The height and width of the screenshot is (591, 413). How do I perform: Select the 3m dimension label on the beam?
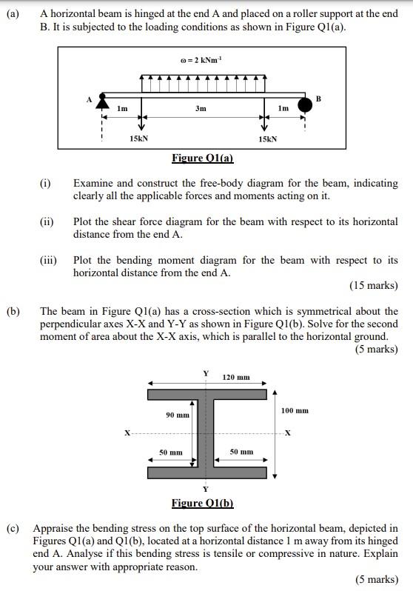pos(201,109)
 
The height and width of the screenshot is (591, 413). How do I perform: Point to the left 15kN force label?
pos(138,138)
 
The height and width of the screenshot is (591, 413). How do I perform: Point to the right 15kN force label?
pos(267,138)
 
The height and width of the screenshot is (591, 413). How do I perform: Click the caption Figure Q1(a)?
pos(202,158)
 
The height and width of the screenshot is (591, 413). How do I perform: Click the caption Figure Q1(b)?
pos(202,504)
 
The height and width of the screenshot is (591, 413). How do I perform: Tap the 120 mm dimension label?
pos(238,378)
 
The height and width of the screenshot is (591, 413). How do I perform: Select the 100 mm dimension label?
pos(295,410)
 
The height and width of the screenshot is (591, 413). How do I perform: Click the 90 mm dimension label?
pos(175,415)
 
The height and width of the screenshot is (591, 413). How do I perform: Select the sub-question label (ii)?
pos(47,221)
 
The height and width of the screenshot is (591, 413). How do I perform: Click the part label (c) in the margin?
pos(13,529)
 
